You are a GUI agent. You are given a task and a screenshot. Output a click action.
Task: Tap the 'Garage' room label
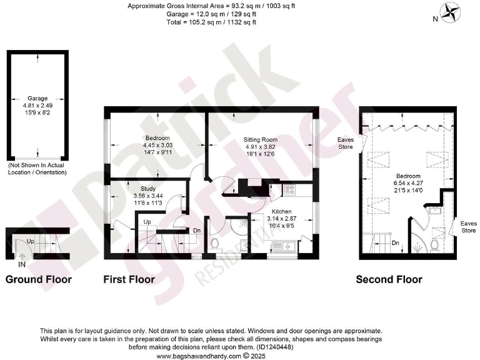click(38, 98)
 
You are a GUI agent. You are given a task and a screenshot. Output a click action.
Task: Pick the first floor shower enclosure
click(236, 226)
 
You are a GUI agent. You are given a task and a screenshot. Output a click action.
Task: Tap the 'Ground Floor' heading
click(38, 279)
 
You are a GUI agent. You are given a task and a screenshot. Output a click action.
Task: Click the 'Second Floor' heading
click(389, 279)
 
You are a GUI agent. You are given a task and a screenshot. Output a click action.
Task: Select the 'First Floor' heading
click(129, 279)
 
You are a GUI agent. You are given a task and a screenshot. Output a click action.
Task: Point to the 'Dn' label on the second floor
click(395, 243)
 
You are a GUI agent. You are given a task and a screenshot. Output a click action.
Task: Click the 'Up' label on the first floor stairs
click(147, 222)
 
